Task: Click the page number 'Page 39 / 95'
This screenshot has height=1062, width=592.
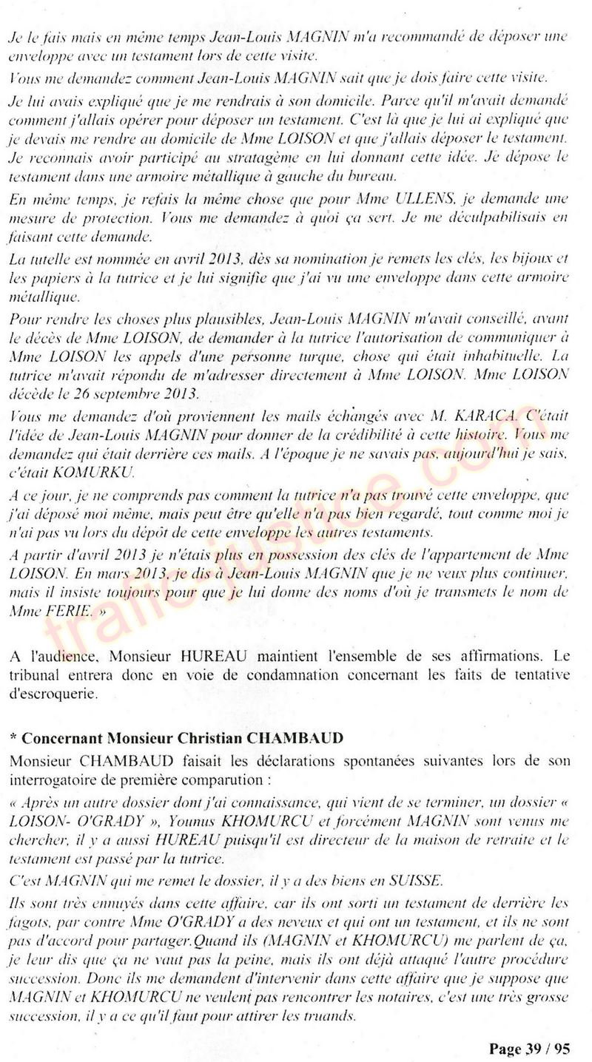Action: tap(529, 1049)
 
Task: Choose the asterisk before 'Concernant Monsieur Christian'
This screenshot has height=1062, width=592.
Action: tap(14, 738)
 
